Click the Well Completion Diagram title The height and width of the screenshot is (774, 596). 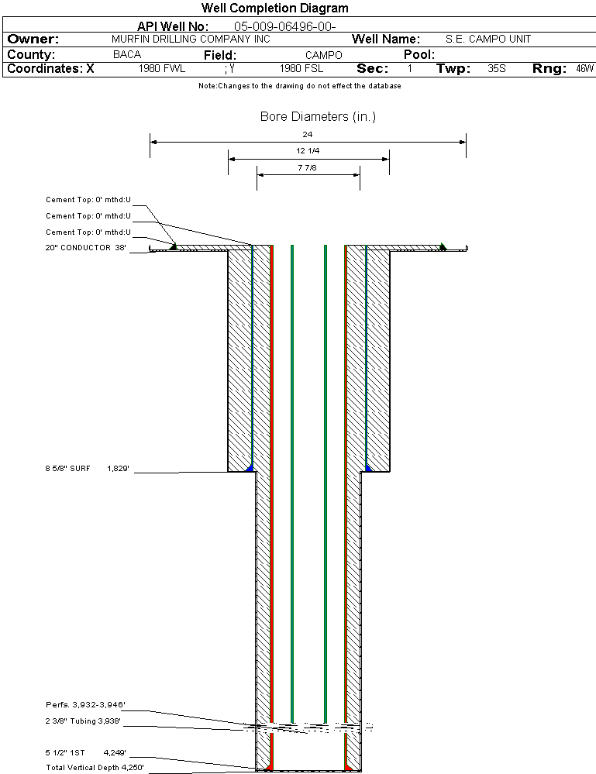coord(274,8)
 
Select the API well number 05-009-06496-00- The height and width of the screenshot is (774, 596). coord(285,26)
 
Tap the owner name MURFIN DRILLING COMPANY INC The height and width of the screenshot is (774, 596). coord(191,39)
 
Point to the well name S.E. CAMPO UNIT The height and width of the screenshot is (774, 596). coord(488,39)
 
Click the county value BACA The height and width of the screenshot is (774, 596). coord(127,54)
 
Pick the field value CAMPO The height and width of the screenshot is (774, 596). coord(323,55)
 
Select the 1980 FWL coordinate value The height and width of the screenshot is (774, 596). coord(162,69)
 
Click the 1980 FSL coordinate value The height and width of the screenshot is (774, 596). coord(301,69)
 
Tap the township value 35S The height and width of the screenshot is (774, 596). coord(497,69)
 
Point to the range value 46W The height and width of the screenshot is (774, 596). coord(584,69)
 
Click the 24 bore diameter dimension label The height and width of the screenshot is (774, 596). coord(308,134)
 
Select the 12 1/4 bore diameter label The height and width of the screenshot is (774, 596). coord(308,150)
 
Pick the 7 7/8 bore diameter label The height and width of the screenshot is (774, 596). coord(307,168)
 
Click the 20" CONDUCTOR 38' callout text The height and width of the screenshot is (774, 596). coord(86,248)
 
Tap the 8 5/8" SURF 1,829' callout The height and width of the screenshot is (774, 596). coord(87,469)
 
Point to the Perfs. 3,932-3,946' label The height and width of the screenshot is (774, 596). coord(85,704)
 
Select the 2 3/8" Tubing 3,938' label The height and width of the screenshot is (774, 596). coord(83,721)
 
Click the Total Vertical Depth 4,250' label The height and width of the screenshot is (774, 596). coord(95,768)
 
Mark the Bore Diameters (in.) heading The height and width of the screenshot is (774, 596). coord(318,116)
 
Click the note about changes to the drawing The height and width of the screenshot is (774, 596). coord(300,86)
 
